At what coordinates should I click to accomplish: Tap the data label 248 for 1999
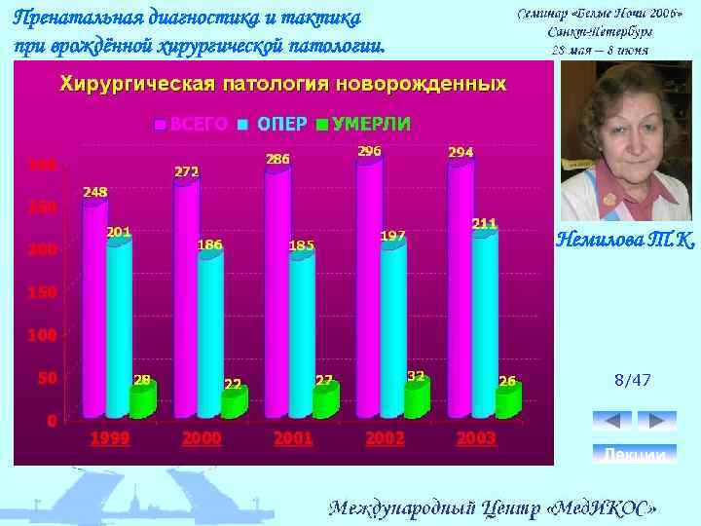(x=95, y=192)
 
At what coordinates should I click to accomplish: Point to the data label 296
(x=369, y=151)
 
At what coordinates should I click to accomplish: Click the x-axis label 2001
(x=293, y=439)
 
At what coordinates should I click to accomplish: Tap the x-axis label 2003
(x=476, y=439)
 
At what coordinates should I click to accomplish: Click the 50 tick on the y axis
(x=46, y=377)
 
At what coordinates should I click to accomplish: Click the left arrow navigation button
(x=611, y=420)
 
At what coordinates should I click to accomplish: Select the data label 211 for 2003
(x=485, y=223)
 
